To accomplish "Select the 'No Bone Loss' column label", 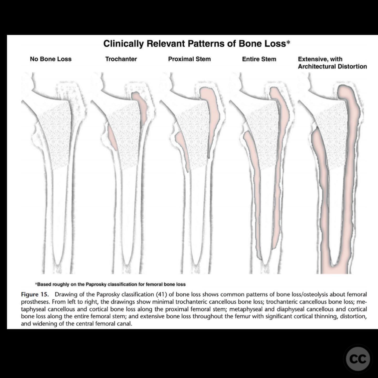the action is click(x=51, y=59).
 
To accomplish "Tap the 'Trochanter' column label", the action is click(x=121, y=59).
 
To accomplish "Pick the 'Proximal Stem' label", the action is click(x=189, y=59).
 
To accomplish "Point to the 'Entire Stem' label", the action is click(x=259, y=59).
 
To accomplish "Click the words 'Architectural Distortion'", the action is click(x=332, y=66).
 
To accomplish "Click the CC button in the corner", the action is click(x=358, y=359).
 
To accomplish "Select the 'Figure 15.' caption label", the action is click(x=35, y=295).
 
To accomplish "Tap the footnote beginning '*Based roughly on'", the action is click(x=110, y=284).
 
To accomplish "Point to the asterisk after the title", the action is click(x=288, y=42).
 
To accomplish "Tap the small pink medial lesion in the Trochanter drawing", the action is click(x=112, y=137).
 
